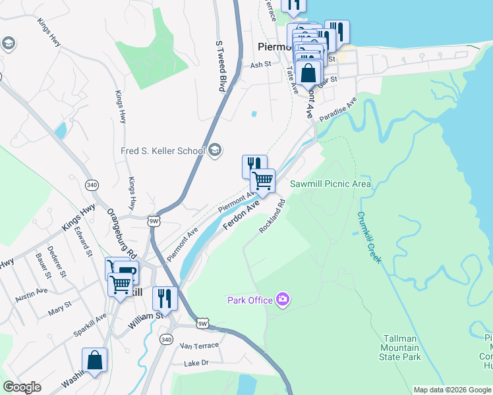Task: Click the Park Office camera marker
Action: point(283,300)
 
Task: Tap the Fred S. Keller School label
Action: point(163,151)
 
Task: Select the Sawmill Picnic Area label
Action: point(331,184)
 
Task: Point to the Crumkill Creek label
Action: point(370,237)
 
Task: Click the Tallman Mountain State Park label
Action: point(399,348)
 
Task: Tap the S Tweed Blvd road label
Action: point(221,65)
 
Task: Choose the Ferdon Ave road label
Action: point(242,216)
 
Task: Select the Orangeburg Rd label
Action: point(121,234)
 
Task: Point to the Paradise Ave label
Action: point(338,109)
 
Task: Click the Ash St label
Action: point(261,65)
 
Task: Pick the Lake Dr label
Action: point(196,363)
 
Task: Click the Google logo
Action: point(22,387)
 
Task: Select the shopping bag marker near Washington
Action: point(94,361)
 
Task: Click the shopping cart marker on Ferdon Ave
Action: point(263,180)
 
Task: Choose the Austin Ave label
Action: point(32,290)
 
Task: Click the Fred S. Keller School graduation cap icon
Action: point(215,151)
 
